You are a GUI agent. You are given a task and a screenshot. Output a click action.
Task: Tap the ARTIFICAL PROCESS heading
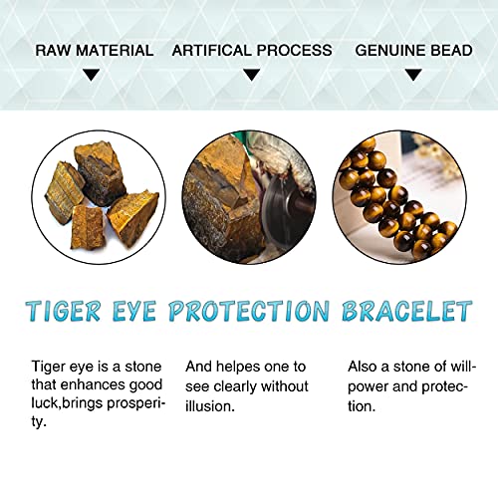252,50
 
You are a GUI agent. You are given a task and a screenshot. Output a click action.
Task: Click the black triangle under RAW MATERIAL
92,74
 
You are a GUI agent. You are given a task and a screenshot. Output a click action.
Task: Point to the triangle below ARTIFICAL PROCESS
252,74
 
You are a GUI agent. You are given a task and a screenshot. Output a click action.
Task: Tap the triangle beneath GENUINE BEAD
416,74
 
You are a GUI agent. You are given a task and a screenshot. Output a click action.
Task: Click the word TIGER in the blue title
69,311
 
